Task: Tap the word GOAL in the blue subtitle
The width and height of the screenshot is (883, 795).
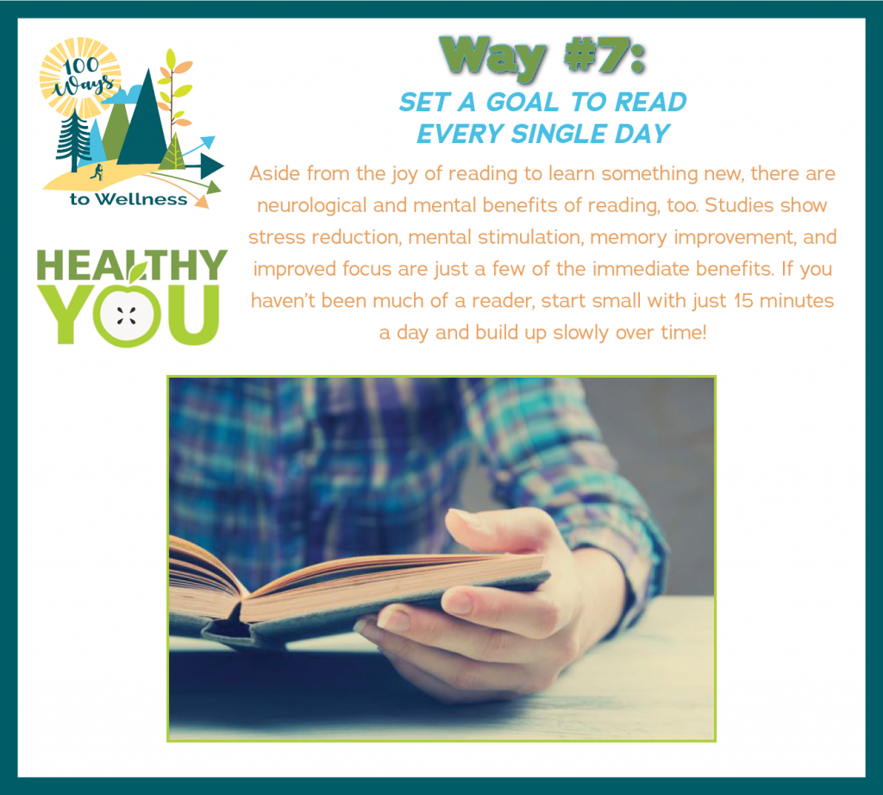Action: click(x=522, y=103)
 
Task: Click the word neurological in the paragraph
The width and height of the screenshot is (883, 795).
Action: click(x=311, y=206)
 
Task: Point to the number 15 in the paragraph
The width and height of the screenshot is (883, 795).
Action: click(x=743, y=301)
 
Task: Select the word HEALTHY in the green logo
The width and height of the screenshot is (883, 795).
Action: click(x=132, y=266)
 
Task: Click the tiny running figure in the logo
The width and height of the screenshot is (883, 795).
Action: click(x=97, y=172)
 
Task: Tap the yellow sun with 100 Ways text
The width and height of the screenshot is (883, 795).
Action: click(x=80, y=77)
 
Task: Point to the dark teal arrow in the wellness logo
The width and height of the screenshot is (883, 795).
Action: click(x=204, y=166)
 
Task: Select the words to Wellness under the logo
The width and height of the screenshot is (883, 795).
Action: click(x=128, y=199)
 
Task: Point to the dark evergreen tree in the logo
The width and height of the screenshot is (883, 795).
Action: click(x=74, y=141)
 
